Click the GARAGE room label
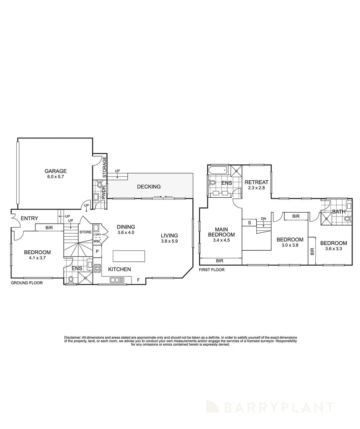pos(55,171)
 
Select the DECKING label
pos(149,187)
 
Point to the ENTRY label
pos(29,218)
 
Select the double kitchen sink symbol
pos(117,280)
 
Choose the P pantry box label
pos(97,251)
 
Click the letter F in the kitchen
pos(138,280)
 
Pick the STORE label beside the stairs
pos(85,232)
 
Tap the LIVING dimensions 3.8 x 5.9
pos(169,241)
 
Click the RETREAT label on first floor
pos(257,182)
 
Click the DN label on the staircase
pos(263,218)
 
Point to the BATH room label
pos(339,212)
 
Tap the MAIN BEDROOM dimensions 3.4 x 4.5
pos(221,240)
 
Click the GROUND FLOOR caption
pos(27,283)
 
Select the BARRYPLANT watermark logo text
pos(278,407)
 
